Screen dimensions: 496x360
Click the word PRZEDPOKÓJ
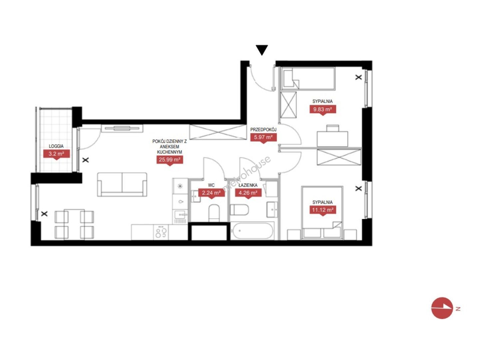pos(263,130)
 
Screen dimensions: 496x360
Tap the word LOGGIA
pos(56,146)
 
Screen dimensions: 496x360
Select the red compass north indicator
pos(442,308)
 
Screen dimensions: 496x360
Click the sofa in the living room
pos(122,185)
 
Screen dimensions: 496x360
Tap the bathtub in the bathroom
pos(252,231)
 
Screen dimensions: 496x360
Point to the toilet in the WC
pos(214,213)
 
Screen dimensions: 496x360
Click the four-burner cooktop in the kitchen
pos(161,232)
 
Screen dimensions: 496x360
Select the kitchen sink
pos(181,215)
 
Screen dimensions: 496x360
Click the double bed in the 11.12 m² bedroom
pos(322,213)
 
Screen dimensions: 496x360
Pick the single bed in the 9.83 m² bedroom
pos(308,79)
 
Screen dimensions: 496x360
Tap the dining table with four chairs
pos(74,224)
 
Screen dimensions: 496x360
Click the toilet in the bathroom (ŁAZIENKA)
pos(239,210)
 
